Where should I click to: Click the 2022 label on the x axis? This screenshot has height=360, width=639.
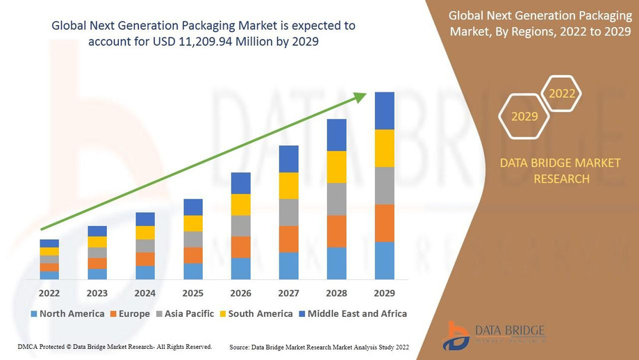49,293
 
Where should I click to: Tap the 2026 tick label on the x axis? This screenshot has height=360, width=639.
240,293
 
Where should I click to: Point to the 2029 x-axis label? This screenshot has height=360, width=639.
384,293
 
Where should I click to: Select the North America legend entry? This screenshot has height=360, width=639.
67,313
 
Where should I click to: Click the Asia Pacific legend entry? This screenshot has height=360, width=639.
184,313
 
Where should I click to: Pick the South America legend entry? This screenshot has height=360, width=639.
256,313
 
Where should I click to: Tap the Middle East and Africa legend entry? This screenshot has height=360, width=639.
352,313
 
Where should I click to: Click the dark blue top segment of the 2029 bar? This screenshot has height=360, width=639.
384,111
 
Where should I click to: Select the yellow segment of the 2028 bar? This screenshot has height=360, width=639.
336,167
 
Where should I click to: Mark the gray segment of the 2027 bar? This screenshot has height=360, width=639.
288,212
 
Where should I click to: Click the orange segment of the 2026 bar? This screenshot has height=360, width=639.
240,247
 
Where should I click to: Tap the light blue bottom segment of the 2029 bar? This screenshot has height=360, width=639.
384,261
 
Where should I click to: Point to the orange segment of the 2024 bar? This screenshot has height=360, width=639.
145,259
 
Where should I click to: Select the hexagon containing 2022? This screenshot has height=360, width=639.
561,93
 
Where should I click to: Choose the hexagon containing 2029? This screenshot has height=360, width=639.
524,116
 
